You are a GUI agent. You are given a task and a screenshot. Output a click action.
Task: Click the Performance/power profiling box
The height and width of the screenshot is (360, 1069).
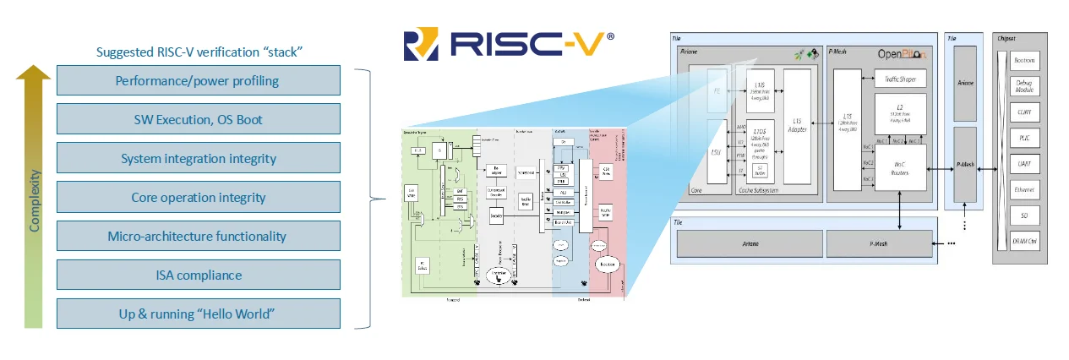198,81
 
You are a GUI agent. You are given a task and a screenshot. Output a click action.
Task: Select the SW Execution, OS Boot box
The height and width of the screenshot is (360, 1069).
198,120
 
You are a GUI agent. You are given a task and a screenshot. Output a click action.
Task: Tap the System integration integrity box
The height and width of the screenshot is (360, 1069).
198,159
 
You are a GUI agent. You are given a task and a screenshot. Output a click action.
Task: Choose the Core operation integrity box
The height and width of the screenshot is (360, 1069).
198,198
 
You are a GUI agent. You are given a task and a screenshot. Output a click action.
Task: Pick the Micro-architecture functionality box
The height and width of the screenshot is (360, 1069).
198,237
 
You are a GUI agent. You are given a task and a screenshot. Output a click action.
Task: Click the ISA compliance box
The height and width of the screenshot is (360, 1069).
198,275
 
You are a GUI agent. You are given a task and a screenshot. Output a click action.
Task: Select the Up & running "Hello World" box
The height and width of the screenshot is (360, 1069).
198,314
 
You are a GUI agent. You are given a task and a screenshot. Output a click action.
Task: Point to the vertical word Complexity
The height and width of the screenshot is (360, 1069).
35,201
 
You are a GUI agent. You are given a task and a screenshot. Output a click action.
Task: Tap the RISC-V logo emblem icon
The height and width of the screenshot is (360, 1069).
422,45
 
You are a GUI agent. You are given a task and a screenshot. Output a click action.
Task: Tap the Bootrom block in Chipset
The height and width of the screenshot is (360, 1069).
1024,61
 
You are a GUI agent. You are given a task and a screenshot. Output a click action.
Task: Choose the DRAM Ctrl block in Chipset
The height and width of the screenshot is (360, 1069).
1024,243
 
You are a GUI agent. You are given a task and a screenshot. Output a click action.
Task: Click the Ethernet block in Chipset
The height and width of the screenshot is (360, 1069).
1024,190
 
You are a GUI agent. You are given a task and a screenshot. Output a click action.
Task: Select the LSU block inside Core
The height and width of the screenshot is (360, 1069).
716,153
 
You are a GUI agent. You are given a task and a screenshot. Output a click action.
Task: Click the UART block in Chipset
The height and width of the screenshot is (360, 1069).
1024,164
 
